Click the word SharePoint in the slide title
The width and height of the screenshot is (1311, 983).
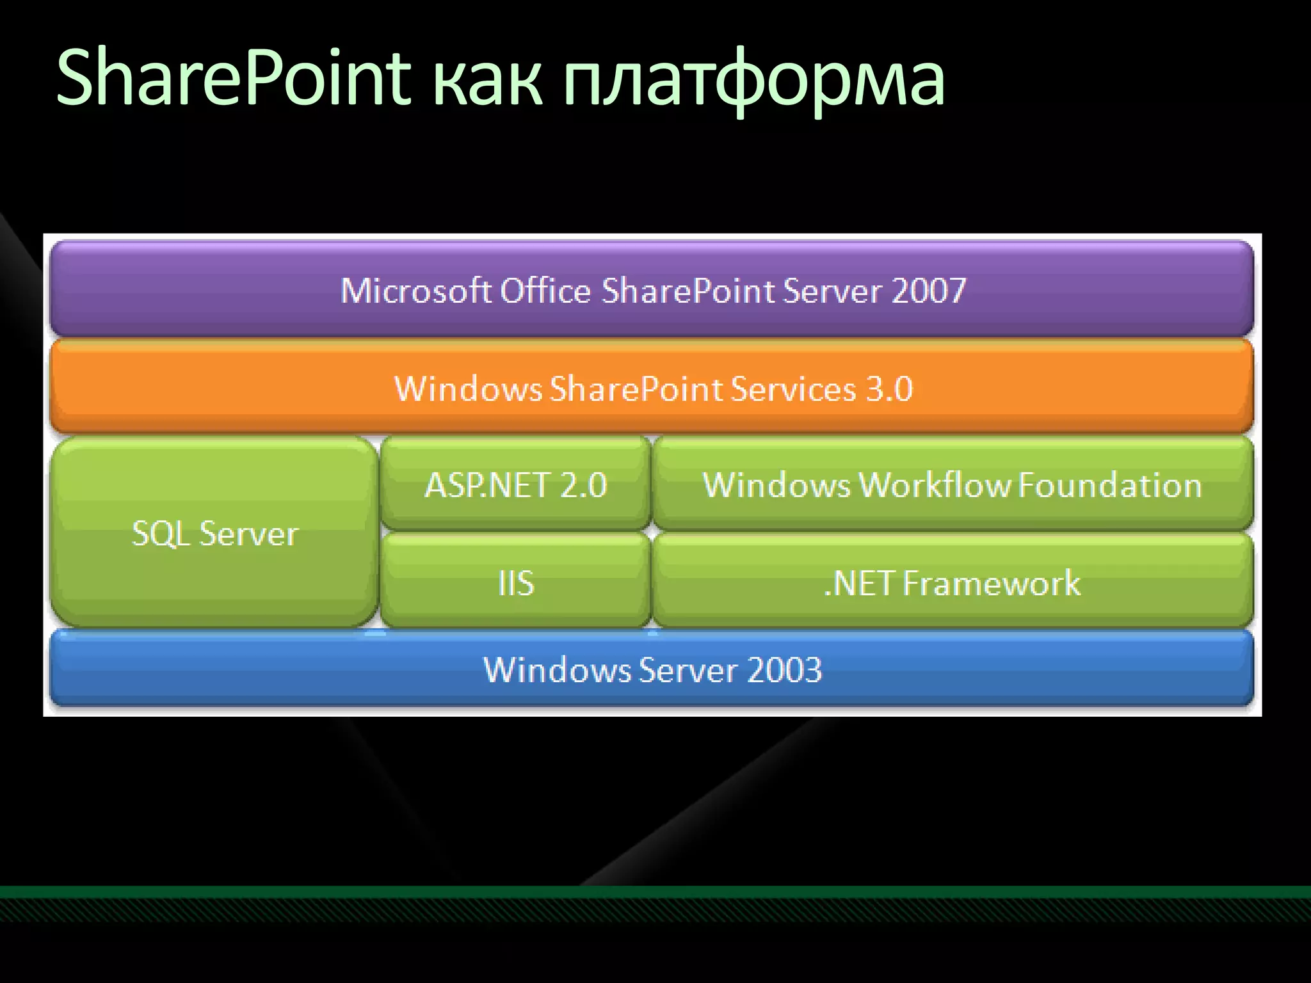(x=234, y=78)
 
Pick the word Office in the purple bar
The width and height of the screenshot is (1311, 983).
(x=545, y=291)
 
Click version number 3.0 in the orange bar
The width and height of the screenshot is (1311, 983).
(x=889, y=389)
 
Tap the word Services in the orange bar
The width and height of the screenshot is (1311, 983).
(x=793, y=389)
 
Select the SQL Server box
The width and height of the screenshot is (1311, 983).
(x=214, y=533)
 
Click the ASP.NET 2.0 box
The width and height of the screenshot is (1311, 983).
(x=516, y=485)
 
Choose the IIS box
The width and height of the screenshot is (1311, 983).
(x=516, y=583)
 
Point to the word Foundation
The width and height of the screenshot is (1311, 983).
(x=1110, y=485)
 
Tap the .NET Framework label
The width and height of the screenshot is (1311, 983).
(x=952, y=583)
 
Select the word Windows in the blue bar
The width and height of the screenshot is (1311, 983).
(x=557, y=670)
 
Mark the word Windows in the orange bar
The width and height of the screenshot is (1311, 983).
(x=468, y=389)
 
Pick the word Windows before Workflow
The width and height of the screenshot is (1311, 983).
(x=776, y=485)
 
